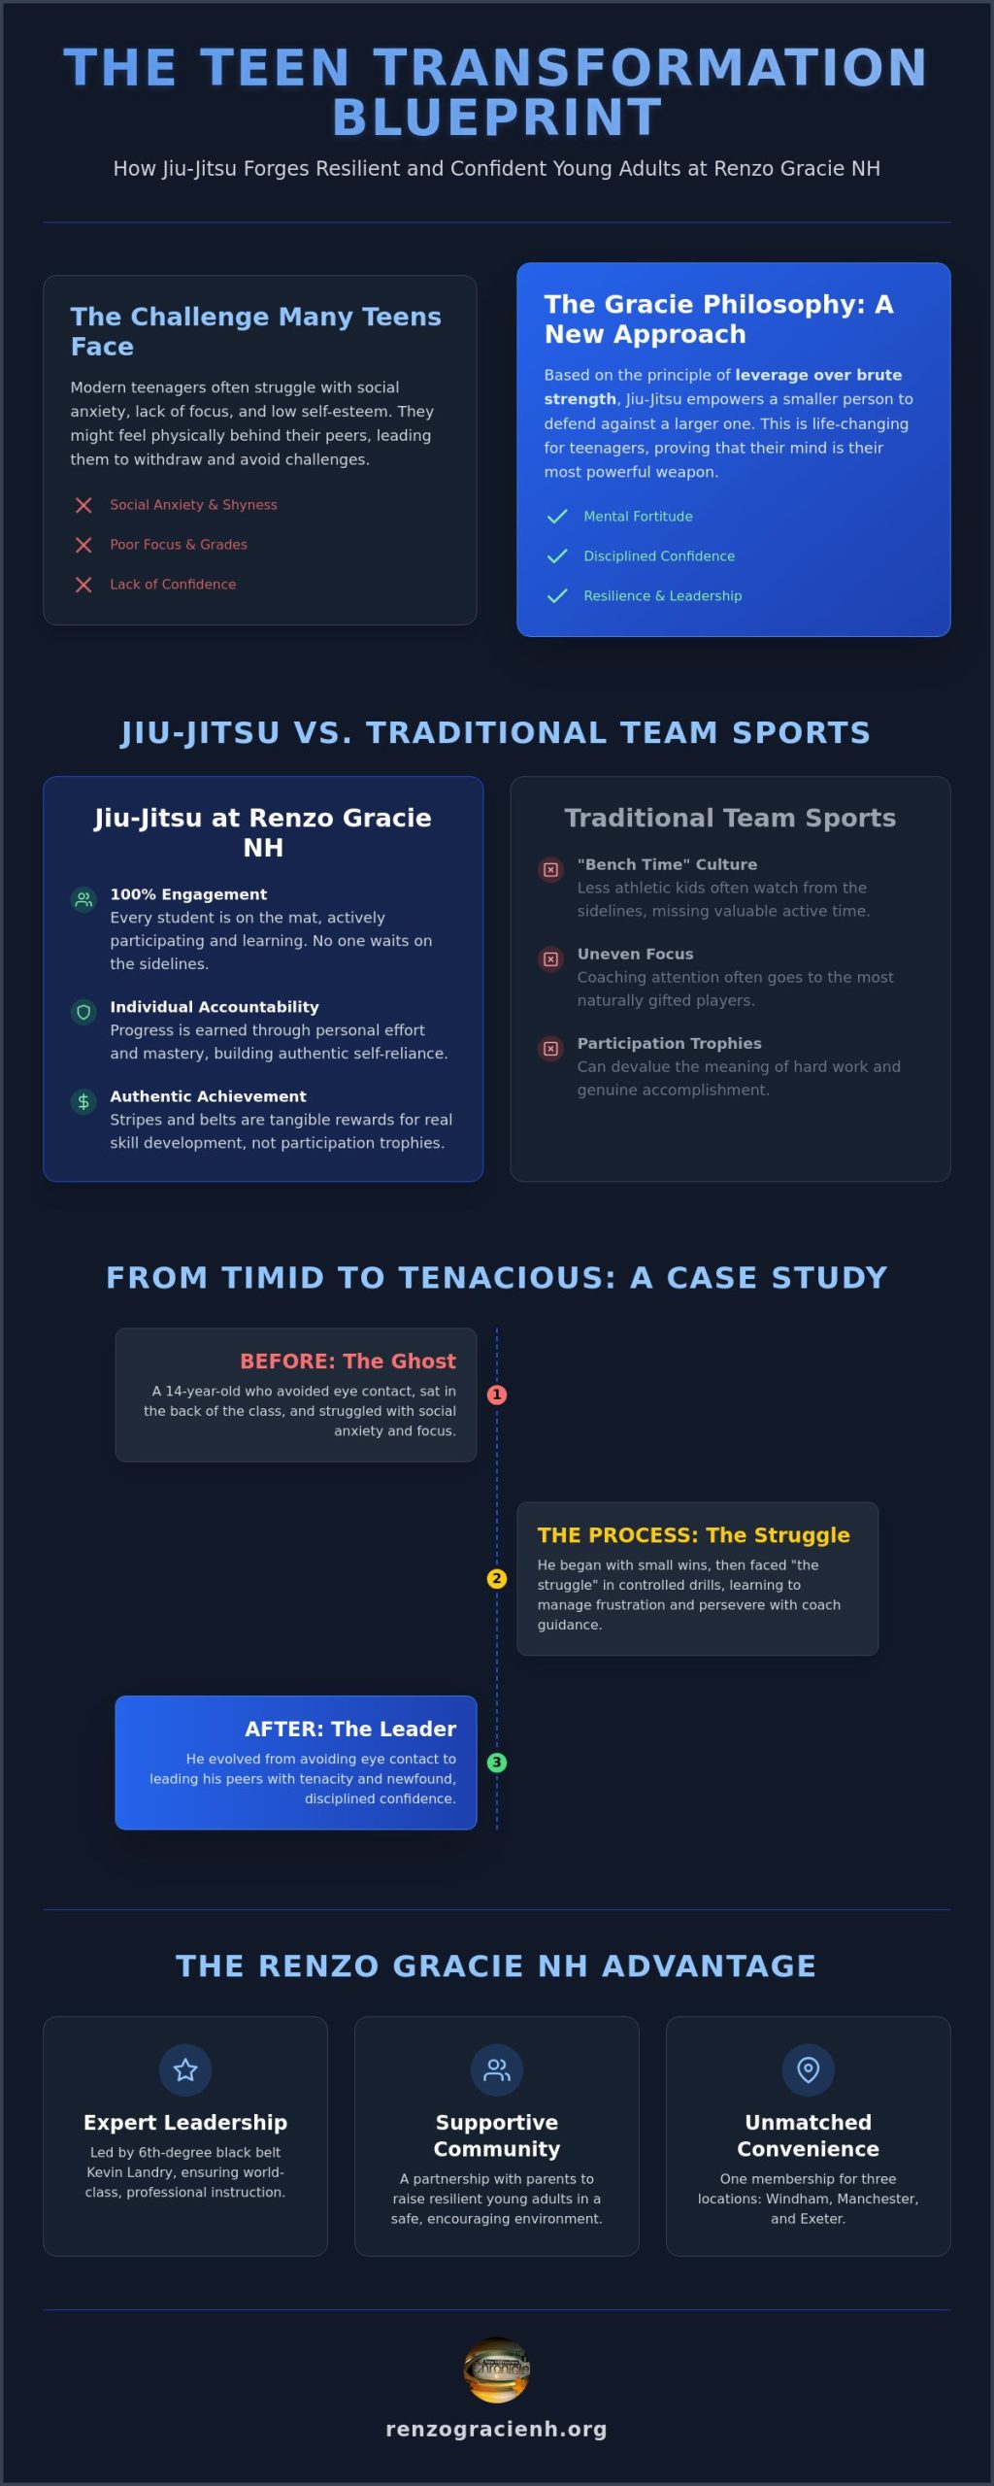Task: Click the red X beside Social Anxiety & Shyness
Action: tap(83, 505)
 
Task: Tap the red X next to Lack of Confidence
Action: tap(83, 585)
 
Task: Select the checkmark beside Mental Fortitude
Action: tap(557, 517)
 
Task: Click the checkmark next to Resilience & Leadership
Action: tap(557, 596)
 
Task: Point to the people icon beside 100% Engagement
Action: tap(83, 899)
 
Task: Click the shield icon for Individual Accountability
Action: tap(83, 1012)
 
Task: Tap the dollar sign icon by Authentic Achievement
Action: tap(83, 1101)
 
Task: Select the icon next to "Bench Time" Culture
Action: tap(550, 870)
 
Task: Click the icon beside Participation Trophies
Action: tap(550, 1049)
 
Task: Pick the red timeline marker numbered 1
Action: tap(497, 1394)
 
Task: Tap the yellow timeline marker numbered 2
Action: tap(497, 1579)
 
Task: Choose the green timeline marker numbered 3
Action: tap(497, 1763)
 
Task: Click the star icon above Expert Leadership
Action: tap(185, 2070)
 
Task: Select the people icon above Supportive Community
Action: tap(497, 2070)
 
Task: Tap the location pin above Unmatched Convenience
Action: tap(808, 2070)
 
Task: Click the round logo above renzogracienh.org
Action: tap(497, 2370)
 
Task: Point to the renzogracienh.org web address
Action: tap(497, 2429)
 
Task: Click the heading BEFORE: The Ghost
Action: tap(348, 1361)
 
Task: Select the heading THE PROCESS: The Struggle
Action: tap(694, 1535)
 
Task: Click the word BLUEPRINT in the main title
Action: tap(497, 118)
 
